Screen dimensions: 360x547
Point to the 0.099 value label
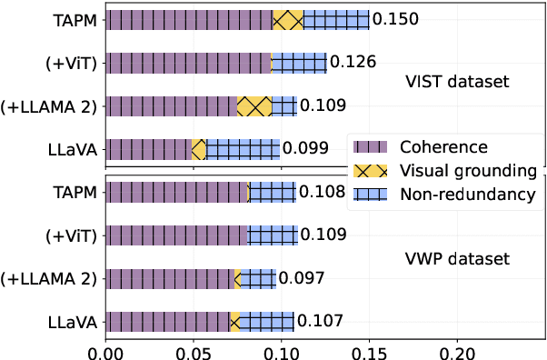click(304, 148)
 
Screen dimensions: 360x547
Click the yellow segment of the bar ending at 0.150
click(288, 19)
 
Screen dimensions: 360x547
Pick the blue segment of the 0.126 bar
click(299, 62)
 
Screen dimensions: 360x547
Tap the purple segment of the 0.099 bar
click(149, 148)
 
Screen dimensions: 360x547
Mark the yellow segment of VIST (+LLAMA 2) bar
click(254, 105)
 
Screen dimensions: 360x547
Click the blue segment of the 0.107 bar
click(266, 321)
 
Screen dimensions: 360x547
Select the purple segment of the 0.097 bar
click(170, 278)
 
